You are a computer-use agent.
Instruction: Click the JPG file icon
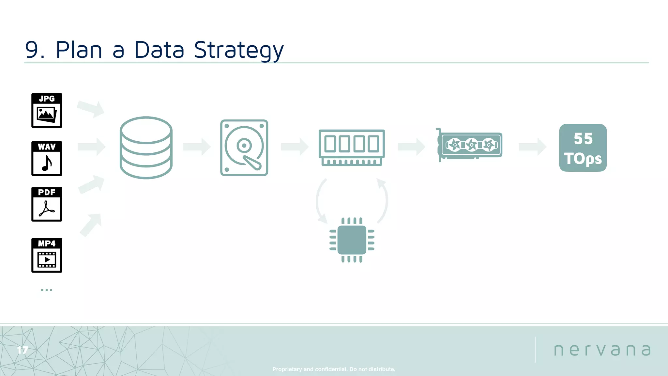coord(47,110)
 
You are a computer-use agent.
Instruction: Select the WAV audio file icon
coord(47,159)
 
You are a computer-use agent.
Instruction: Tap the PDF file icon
coord(47,204)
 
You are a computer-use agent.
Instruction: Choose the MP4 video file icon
coord(47,255)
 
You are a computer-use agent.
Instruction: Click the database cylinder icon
coord(146,148)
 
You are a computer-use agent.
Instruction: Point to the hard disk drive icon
coord(244,148)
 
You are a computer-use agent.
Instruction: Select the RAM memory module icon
coord(352,148)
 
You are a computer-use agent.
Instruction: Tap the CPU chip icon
coord(352,240)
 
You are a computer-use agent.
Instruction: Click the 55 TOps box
coord(583,148)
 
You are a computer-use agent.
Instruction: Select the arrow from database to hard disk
coord(196,147)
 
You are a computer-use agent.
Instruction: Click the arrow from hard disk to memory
coord(294,147)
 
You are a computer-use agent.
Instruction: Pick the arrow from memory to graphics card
coord(411,147)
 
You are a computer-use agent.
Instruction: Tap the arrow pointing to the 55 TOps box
coord(532,147)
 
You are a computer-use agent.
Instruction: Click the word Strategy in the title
coord(239,50)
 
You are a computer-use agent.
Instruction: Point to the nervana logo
coord(602,350)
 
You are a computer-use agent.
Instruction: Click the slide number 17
coord(23,350)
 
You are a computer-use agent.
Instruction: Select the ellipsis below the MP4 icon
coord(47,290)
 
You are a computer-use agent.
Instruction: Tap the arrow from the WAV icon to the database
coord(91,147)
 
